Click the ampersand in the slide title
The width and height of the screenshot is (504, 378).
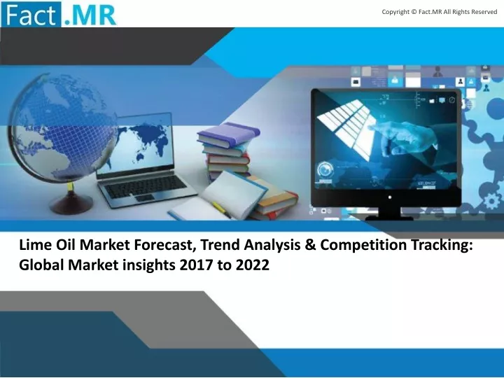(309, 245)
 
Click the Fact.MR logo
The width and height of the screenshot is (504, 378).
(59, 15)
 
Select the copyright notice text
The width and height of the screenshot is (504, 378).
(440, 12)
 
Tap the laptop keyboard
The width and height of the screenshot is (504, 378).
(146, 186)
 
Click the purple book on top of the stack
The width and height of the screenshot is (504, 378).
(229, 133)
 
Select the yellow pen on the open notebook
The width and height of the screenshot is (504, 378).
(220, 209)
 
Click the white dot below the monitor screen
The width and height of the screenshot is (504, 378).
(390, 197)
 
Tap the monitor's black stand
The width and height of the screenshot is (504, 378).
(389, 213)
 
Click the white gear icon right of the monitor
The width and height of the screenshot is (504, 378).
(491, 202)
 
